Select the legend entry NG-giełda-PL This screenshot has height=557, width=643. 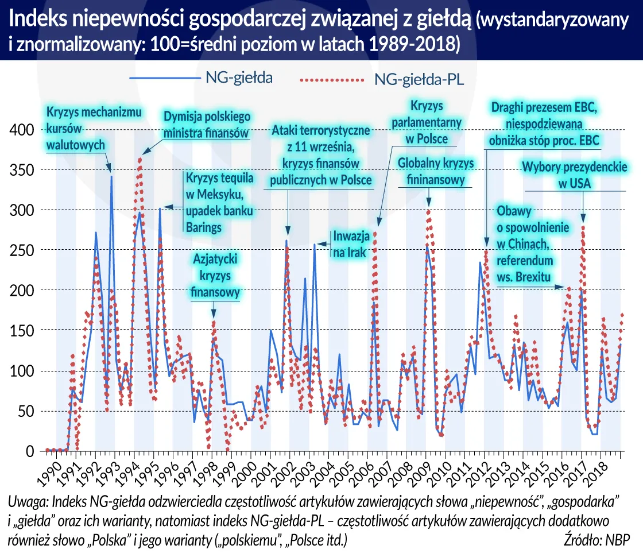pyautogui.click(x=419, y=80)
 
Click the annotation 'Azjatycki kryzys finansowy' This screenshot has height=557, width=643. pyautogui.click(x=215, y=276)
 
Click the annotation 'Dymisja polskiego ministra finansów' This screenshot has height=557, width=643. pyautogui.click(x=207, y=125)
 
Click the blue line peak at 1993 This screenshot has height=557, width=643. pyautogui.click(x=111, y=177)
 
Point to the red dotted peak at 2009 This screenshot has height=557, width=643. pyautogui.click(x=428, y=210)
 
